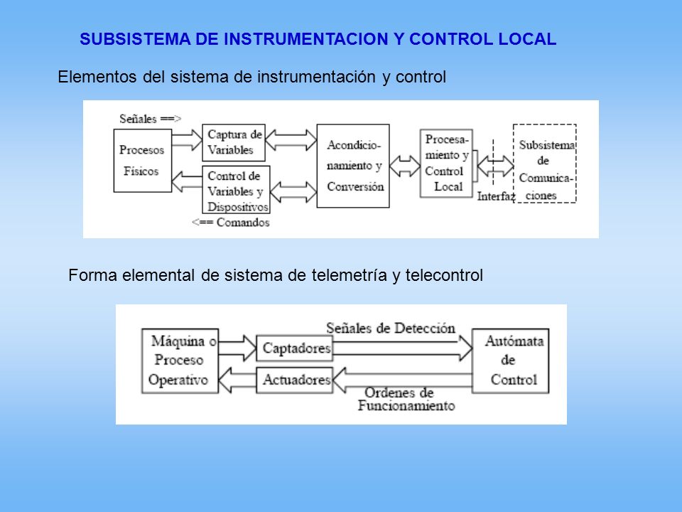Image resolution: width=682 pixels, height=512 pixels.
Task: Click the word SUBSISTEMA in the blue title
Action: point(135,39)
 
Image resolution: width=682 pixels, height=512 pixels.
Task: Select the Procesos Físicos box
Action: point(143,161)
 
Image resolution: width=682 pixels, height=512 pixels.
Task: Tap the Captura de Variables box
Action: point(234,143)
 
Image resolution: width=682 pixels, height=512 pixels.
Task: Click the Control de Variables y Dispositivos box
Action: point(236,189)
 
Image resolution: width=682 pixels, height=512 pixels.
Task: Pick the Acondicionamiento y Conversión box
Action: point(353,166)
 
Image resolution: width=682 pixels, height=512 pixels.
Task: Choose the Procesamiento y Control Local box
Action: point(446,164)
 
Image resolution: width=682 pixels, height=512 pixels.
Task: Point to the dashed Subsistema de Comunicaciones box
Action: point(545,164)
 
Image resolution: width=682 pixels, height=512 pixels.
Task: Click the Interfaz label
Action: point(496,196)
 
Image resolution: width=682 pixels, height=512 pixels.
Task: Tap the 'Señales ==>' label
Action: point(150,119)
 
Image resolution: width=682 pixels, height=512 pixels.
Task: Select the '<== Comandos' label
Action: point(230,223)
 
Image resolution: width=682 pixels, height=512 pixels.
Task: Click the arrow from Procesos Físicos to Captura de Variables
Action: point(187,140)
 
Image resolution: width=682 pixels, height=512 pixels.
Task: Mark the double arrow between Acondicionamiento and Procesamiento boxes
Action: point(404,166)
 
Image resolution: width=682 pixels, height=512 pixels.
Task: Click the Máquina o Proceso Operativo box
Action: point(180,361)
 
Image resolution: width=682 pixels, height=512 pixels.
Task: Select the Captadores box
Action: point(294,348)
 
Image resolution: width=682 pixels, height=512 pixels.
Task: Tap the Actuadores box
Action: point(294,380)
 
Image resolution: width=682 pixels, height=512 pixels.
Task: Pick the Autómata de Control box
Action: point(511,361)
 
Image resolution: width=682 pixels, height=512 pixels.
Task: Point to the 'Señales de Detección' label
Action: point(391,328)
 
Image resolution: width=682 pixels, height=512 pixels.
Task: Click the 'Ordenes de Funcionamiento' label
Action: point(406,399)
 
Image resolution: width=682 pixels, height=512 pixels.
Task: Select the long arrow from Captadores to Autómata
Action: point(403,348)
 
